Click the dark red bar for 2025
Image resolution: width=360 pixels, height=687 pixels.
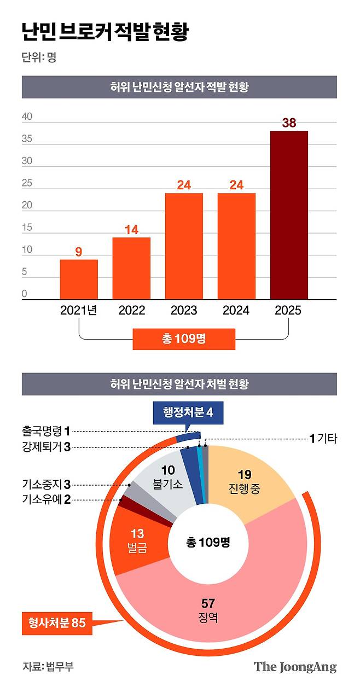[x=289, y=215]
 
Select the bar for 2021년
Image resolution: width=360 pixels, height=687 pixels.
[x=79, y=279]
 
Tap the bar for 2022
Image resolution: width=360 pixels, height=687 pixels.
[x=131, y=268]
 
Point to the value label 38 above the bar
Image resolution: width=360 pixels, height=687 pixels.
[x=289, y=123]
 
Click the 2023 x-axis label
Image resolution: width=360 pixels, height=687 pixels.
[x=184, y=311]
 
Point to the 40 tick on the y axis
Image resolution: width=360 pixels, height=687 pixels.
[x=27, y=117]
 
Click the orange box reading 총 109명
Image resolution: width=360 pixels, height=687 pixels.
[x=184, y=339]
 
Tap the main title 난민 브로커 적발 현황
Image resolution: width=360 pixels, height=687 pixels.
[x=104, y=32]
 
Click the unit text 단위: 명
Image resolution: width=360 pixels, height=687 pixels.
[x=39, y=57]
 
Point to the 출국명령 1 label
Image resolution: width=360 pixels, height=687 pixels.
[x=47, y=430]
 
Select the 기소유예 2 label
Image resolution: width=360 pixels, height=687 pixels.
[x=47, y=499]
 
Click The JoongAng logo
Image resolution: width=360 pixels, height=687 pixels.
[x=295, y=667]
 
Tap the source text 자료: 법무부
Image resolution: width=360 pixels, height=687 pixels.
[x=48, y=667]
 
